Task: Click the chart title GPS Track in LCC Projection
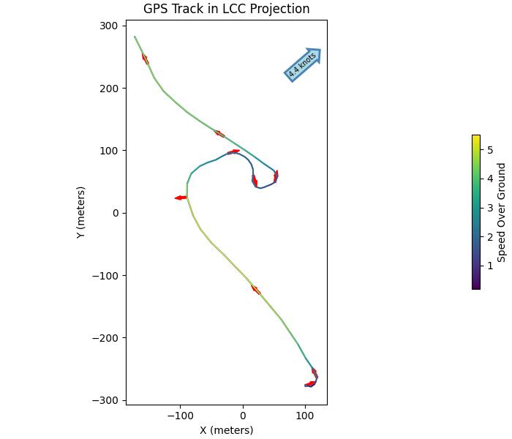pyautogui.click(x=226, y=9)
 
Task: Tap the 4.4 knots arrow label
pyautogui.click(x=302, y=64)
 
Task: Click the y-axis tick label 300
pyautogui.click(x=109, y=26)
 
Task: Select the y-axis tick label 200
pyautogui.click(x=109, y=89)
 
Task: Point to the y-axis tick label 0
pyautogui.click(x=115, y=214)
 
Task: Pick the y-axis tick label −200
pyautogui.click(x=106, y=338)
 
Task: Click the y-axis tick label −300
pyautogui.click(x=106, y=400)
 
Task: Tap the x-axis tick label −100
pyautogui.click(x=180, y=416)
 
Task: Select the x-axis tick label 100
pyautogui.click(x=305, y=416)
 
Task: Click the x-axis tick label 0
pyautogui.click(x=243, y=416)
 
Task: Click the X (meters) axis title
pyautogui.click(x=226, y=430)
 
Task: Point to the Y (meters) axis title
pyautogui.click(x=81, y=212)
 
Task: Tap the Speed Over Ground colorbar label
pyautogui.click(x=502, y=212)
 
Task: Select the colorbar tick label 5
pyautogui.click(x=490, y=149)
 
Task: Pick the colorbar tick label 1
pyautogui.click(x=490, y=266)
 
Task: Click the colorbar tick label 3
pyautogui.click(x=490, y=208)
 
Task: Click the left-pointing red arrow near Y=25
pyautogui.click(x=181, y=198)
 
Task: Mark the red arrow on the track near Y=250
pyautogui.click(x=145, y=59)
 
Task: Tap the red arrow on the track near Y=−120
pyautogui.click(x=255, y=290)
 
